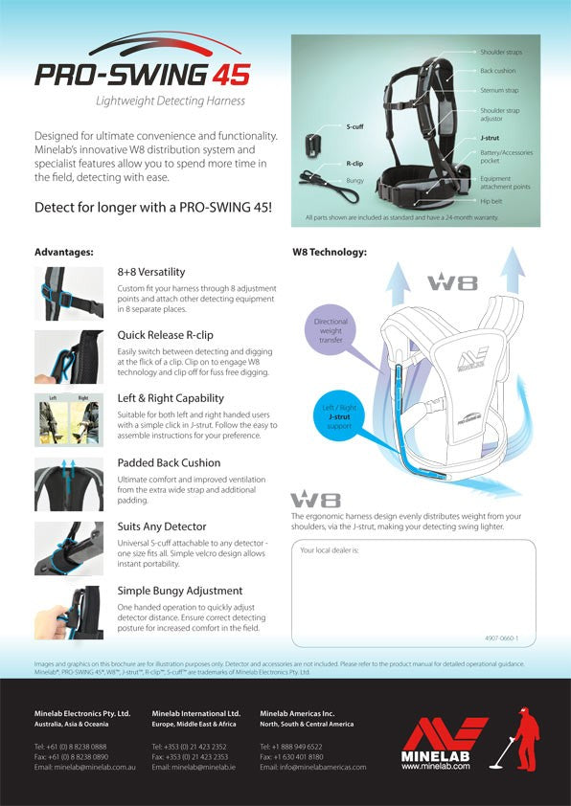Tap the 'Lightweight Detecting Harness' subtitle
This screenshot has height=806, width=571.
point(171,101)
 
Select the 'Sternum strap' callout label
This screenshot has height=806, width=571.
point(499,91)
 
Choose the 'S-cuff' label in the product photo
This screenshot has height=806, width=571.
point(354,126)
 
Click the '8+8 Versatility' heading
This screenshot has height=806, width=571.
point(151,272)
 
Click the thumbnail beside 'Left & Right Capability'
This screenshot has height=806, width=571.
point(69,418)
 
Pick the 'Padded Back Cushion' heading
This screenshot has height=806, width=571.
point(169,462)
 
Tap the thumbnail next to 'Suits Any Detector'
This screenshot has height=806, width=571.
point(69,548)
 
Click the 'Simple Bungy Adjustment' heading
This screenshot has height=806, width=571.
point(179,591)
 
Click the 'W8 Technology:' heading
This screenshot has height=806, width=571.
point(329,253)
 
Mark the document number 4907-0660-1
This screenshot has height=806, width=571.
point(501,638)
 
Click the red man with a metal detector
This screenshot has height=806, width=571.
point(523,738)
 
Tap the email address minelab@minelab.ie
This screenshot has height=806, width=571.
point(194,767)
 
